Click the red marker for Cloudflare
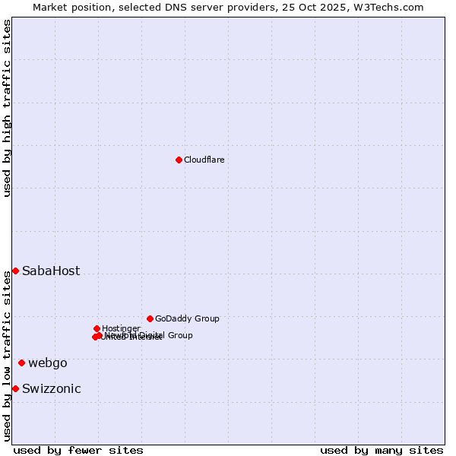pyautogui.click(x=179, y=160)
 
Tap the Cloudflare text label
pyautogui.click(x=204, y=160)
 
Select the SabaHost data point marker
pyautogui.click(x=15, y=271)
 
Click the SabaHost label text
pyautogui.click(x=51, y=271)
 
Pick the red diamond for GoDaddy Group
pyautogui.click(x=150, y=318)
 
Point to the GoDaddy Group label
pyautogui.click(x=187, y=319)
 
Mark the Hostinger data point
pyautogui.click(x=97, y=328)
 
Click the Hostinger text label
pyautogui.click(x=121, y=328)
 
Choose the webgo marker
pyautogui.click(x=21, y=363)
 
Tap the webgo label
pyautogui.click(x=48, y=363)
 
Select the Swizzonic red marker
pyautogui.click(x=15, y=389)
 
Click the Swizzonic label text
pyautogui.click(x=52, y=389)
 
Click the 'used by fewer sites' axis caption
pyautogui.click(x=78, y=450)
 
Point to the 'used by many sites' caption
pyautogui.click(x=382, y=450)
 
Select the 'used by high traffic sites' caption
pyautogui.click(x=8, y=108)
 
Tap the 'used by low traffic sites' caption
pyautogui.click(x=8, y=356)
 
